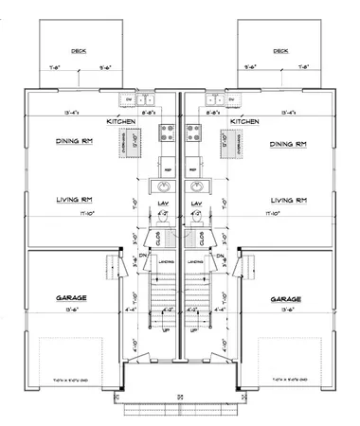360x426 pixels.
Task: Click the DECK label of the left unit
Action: pos(79,51)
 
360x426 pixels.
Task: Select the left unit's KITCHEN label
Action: pos(132,122)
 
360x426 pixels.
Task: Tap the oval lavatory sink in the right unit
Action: pos(198,186)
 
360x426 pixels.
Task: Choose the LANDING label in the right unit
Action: pos(195,262)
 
